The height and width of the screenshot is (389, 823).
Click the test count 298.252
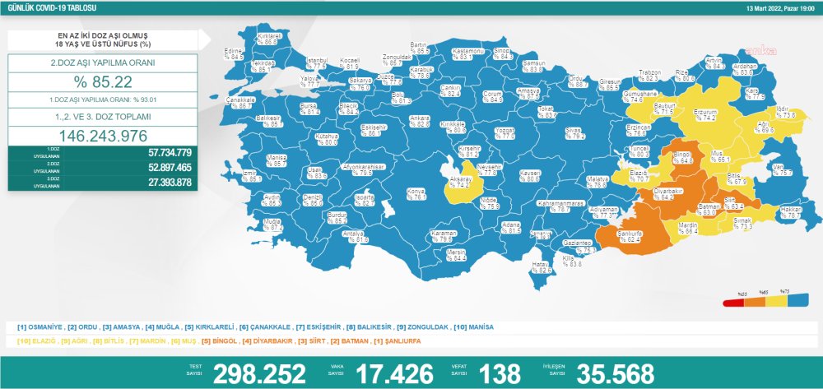click(259, 373)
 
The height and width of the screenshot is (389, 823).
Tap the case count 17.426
click(393, 373)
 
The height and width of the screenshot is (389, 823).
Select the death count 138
click(499, 373)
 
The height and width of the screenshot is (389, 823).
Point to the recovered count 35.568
click(615, 373)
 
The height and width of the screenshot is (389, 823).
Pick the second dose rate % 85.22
click(103, 81)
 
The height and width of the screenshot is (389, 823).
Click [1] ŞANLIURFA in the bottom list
click(401, 340)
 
